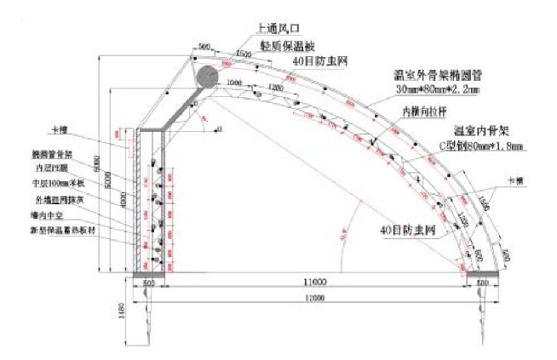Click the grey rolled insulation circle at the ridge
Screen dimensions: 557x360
pyautogui.click(x=208, y=78)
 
